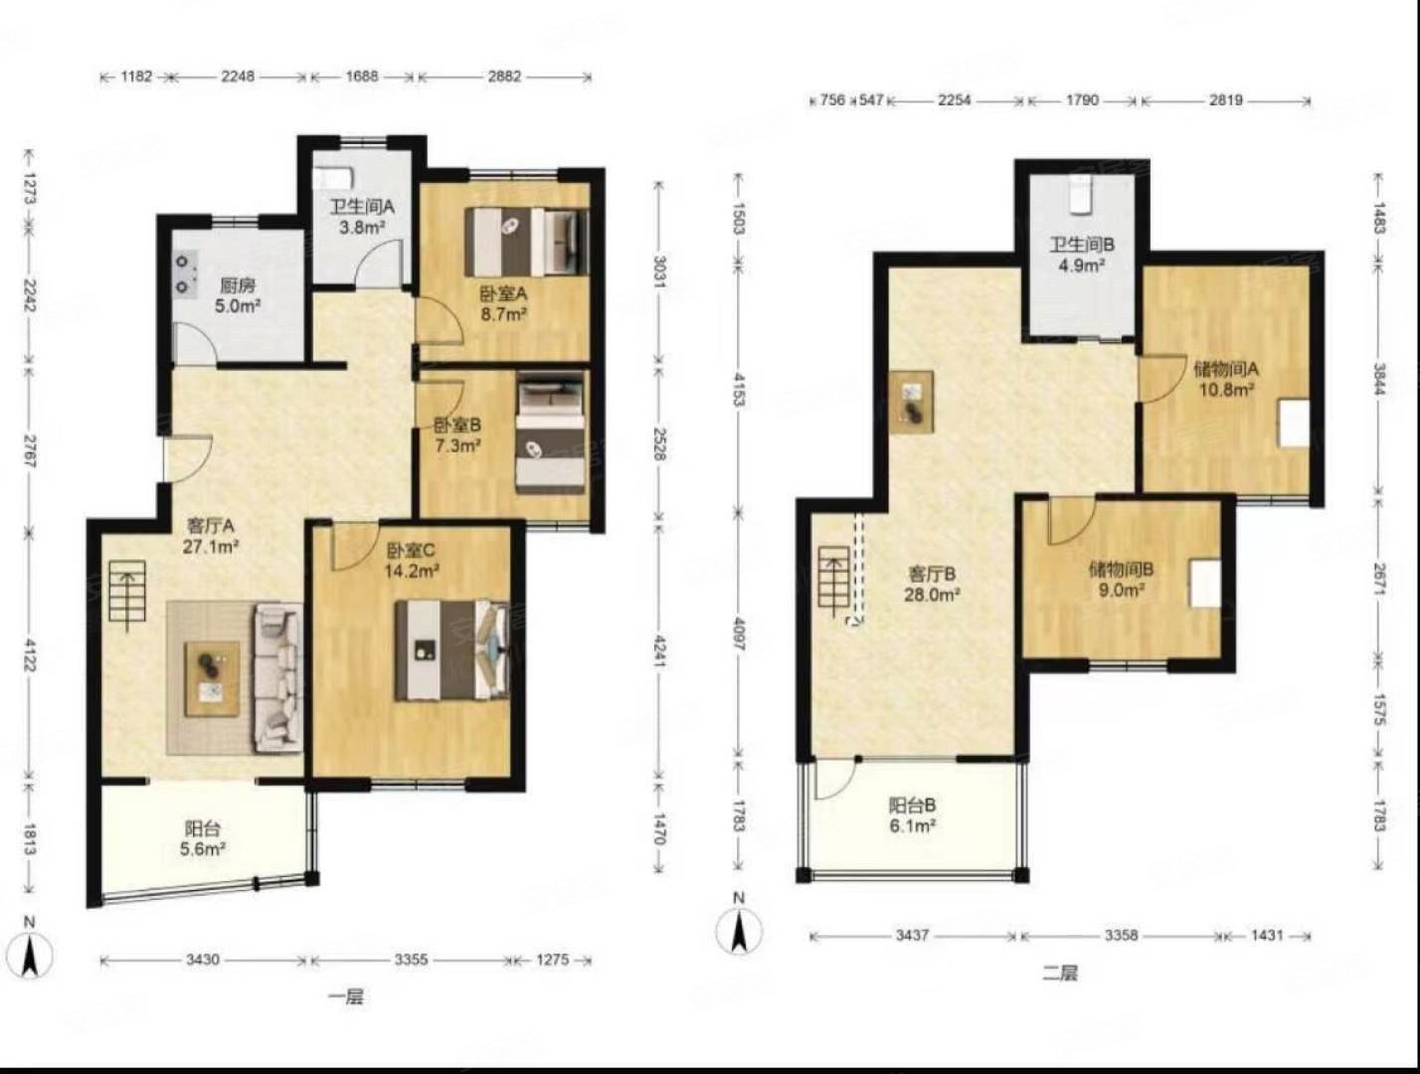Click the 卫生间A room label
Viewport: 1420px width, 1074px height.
pos(362,207)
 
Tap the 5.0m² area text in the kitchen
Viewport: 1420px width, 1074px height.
pos(238,305)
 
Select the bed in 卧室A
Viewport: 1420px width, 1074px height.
pos(527,241)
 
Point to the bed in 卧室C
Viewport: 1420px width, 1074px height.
pos(452,649)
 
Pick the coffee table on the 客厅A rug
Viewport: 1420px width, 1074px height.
pos(212,678)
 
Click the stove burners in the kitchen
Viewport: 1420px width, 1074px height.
pos(185,273)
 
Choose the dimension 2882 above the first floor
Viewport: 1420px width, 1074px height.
pos(504,77)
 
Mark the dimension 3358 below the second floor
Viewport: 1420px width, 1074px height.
pos(1121,935)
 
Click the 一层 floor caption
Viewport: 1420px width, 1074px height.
pos(345,996)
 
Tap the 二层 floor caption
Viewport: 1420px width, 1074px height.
pos(1060,974)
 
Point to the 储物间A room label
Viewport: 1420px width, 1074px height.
pos(1226,369)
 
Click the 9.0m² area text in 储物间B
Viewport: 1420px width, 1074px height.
pos(1122,590)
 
